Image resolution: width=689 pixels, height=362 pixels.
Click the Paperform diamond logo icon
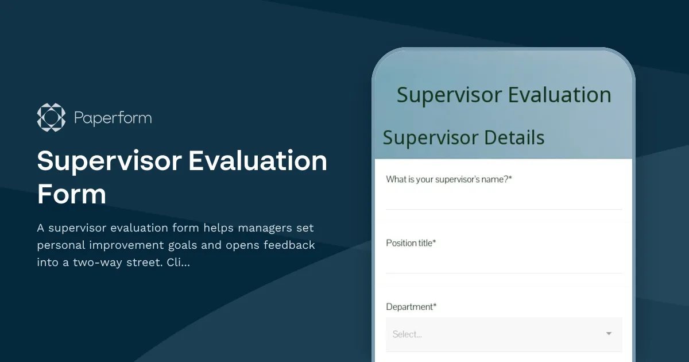(51, 118)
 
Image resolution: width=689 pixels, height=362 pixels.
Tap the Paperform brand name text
(113, 118)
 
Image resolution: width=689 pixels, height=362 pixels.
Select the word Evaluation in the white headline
(258, 161)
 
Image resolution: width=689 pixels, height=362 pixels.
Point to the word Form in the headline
(72, 194)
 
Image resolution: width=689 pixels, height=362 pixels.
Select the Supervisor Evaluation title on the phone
(504, 95)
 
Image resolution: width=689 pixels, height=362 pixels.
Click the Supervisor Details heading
(463, 138)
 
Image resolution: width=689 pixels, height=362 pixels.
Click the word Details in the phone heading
(514, 138)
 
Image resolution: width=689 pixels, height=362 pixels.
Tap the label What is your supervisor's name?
(448, 179)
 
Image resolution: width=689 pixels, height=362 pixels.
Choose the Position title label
(411, 243)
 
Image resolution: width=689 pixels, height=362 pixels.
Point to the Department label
(411, 307)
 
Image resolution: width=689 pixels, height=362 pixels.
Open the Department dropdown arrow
(609, 334)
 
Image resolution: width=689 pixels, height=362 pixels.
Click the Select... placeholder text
(407, 334)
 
